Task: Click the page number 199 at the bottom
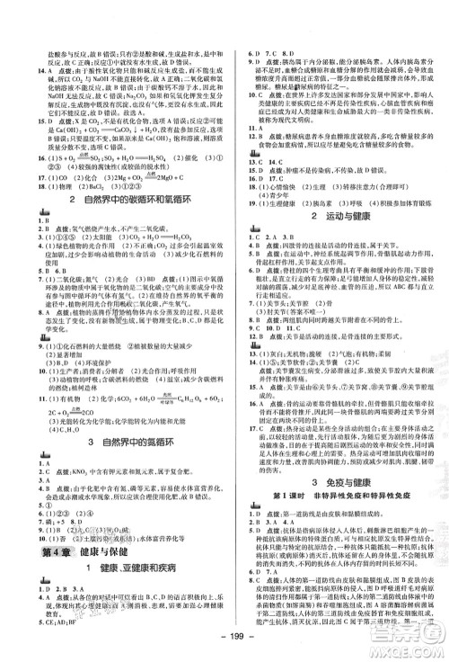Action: (x=224, y=650)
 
